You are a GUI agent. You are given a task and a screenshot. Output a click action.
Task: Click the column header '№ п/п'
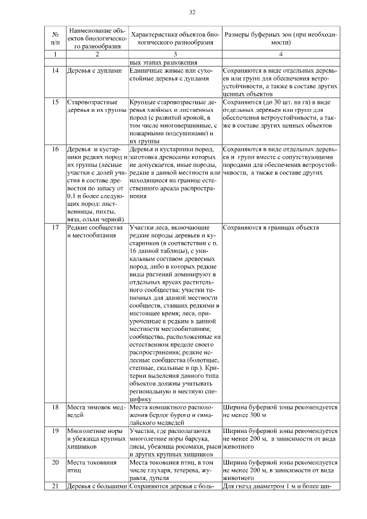click(55, 38)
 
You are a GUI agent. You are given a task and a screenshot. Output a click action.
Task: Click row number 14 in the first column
click(55, 71)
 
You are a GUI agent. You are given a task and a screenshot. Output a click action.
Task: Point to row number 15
click(55, 102)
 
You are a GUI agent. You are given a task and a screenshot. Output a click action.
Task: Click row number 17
click(55, 228)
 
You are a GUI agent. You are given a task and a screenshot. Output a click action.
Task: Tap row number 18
click(55, 407)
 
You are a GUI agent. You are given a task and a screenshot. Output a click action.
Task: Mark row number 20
click(55, 462)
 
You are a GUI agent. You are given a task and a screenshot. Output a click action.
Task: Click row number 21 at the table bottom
click(55, 486)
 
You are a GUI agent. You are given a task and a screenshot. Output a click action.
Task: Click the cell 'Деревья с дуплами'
click(95, 71)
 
